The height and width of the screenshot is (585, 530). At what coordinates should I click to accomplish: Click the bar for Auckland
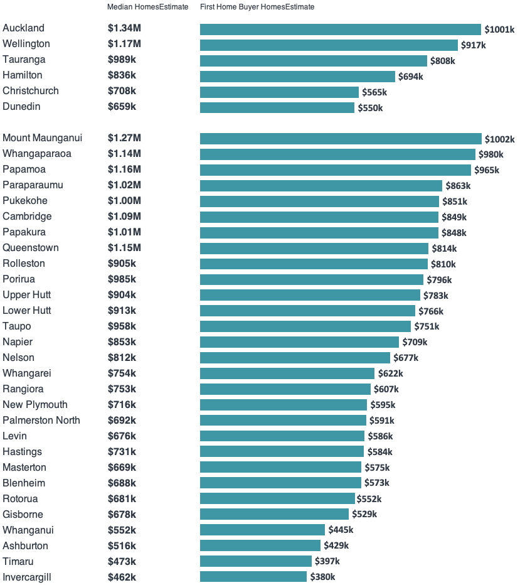(x=340, y=30)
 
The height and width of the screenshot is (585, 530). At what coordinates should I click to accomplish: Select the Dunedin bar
(x=277, y=108)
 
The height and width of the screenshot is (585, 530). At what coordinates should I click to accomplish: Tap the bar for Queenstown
(x=314, y=249)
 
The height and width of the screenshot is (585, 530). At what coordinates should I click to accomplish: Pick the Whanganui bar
(x=262, y=530)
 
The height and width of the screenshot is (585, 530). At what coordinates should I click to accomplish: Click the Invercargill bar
(x=253, y=577)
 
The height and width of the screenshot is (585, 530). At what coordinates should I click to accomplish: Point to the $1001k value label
(x=499, y=30)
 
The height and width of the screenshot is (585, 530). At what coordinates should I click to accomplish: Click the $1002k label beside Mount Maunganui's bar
(x=499, y=139)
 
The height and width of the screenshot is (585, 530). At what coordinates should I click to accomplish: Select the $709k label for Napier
(x=415, y=342)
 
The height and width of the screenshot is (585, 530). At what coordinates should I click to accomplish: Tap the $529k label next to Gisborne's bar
(x=364, y=515)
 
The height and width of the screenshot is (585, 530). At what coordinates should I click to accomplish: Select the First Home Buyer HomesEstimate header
(x=257, y=7)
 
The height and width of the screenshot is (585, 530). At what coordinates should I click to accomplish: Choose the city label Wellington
(x=26, y=44)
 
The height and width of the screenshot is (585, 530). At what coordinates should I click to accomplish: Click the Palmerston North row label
(x=41, y=421)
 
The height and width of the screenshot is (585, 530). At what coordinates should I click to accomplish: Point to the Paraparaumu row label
(x=33, y=185)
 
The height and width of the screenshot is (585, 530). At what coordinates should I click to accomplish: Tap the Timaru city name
(x=18, y=561)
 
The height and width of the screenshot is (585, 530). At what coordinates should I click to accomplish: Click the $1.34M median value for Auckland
(x=124, y=28)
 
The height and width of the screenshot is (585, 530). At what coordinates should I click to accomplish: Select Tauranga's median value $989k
(x=122, y=60)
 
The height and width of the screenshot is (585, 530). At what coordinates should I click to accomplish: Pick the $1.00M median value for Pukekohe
(x=124, y=201)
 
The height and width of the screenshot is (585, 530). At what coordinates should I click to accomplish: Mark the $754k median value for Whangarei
(x=122, y=373)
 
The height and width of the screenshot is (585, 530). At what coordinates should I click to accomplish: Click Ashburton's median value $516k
(x=122, y=546)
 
